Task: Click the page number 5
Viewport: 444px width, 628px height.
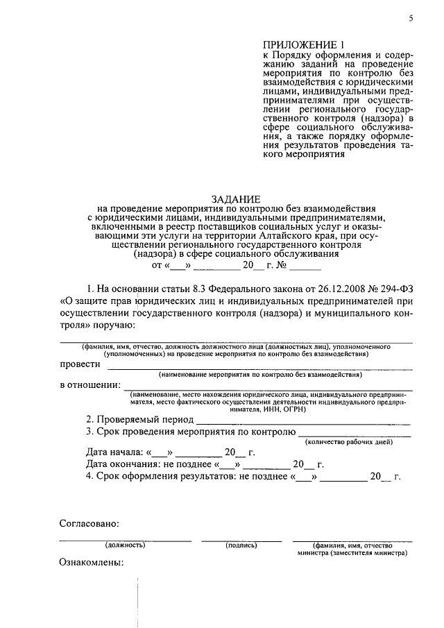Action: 411,19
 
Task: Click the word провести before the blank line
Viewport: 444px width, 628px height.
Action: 80,364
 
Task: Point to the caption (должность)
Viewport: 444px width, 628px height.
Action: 125,545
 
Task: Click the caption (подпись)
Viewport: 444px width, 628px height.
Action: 241,545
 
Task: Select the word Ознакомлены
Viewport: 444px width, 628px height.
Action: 92,563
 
